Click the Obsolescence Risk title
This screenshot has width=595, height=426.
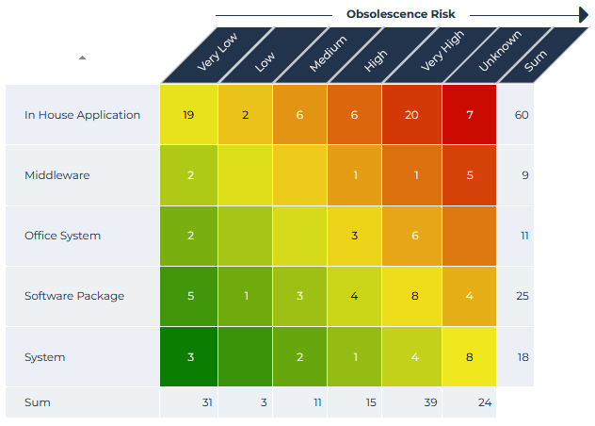(400, 14)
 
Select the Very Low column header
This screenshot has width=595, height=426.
(217, 55)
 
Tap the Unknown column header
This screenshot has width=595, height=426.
(495, 55)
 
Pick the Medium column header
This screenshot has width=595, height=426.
(328, 55)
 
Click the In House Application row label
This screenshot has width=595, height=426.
(82, 115)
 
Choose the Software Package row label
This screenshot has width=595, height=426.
(74, 296)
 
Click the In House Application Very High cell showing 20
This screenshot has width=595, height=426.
(411, 115)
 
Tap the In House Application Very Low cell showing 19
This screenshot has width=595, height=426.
(189, 115)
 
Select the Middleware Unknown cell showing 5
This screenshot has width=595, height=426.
(469, 175)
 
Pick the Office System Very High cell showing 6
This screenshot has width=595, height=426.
(411, 236)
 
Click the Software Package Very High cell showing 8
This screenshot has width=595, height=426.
(411, 296)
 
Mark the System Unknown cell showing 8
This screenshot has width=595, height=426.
(469, 357)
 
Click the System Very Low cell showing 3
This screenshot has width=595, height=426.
(189, 357)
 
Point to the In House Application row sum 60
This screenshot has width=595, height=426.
(522, 115)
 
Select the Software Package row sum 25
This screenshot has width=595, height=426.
(522, 296)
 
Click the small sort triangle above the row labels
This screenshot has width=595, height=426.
(82, 57)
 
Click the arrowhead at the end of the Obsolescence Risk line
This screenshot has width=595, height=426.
(584, 14)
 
